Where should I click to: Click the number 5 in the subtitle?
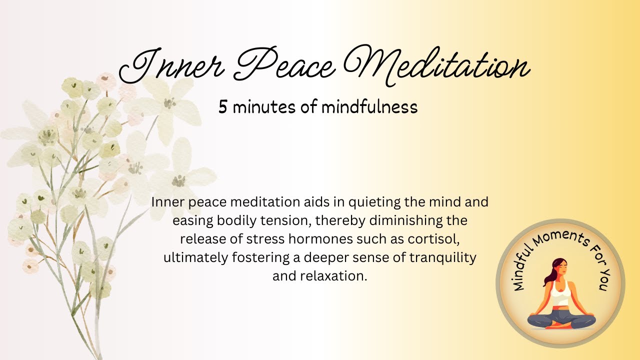point(222,107)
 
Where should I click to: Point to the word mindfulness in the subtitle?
point(369,107)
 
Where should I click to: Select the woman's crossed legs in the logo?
point(561,319)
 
